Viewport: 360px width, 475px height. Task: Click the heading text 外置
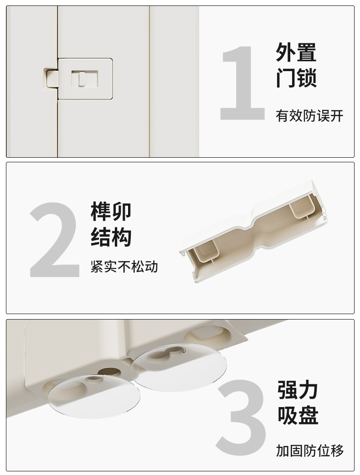[296, 52]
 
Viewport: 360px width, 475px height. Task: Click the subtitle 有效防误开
[309, 116]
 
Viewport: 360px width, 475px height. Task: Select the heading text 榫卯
[111, 212]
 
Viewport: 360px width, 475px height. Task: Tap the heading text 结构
[111, 237]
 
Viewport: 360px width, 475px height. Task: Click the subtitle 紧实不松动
[124, 267]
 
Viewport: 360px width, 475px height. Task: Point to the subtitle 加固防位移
[310, 451]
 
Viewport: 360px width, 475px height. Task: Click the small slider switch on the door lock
[82, 79]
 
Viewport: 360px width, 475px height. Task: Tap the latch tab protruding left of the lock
[50, 77]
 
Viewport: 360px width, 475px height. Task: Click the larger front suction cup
[93, 395]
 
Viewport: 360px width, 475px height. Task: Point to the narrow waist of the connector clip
[251, 228]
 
